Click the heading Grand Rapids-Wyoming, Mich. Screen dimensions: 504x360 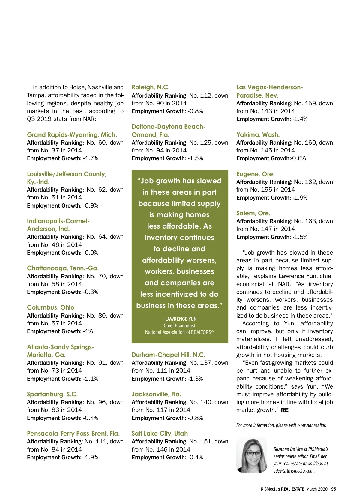(x=72, y=135)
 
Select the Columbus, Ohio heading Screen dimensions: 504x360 (x=51, y=307)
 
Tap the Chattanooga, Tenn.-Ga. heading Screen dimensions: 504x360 (x=63, y=268)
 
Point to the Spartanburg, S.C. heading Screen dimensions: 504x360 (x=52, y=394)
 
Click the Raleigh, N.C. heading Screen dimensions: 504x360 (x=151, y=87)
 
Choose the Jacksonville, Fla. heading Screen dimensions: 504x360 (x=156, y=394)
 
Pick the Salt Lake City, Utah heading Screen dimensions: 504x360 (x=160, y=433)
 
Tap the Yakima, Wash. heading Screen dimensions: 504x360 (x=258, y=135)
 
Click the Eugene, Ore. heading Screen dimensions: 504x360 (x=255, y=174)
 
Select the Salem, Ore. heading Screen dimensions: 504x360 (x=253, y=213)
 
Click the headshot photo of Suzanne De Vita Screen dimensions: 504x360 (x=251, y=455)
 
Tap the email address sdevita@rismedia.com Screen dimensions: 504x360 (x=294, y=471)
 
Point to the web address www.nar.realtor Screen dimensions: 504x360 (x=311, y=425)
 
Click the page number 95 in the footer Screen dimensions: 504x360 (x=333, y=489)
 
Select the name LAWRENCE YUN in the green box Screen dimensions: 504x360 (x=181, y=319)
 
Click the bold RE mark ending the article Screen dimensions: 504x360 (x=285, y=410)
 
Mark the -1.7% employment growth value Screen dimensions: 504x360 (x=91, y=158)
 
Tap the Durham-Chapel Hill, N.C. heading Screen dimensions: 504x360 (x=168, y=355)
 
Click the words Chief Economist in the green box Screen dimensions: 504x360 (x=179, y=325)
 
